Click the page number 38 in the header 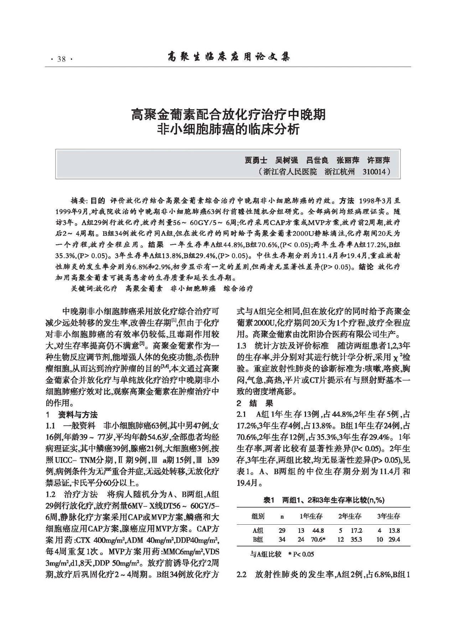(x=62, y=59)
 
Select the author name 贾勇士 (x=255, y=160)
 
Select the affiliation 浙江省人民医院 (x=290, y=172)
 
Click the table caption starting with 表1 (x=323, y=500)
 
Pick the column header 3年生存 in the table (x=388, y=516)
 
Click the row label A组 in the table (x=258, y=530)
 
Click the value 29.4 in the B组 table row (x=394, y=540)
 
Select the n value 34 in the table (x=282, y=540)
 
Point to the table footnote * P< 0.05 (x=301, y=554)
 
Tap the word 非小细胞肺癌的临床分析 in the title (x=228, y=129)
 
